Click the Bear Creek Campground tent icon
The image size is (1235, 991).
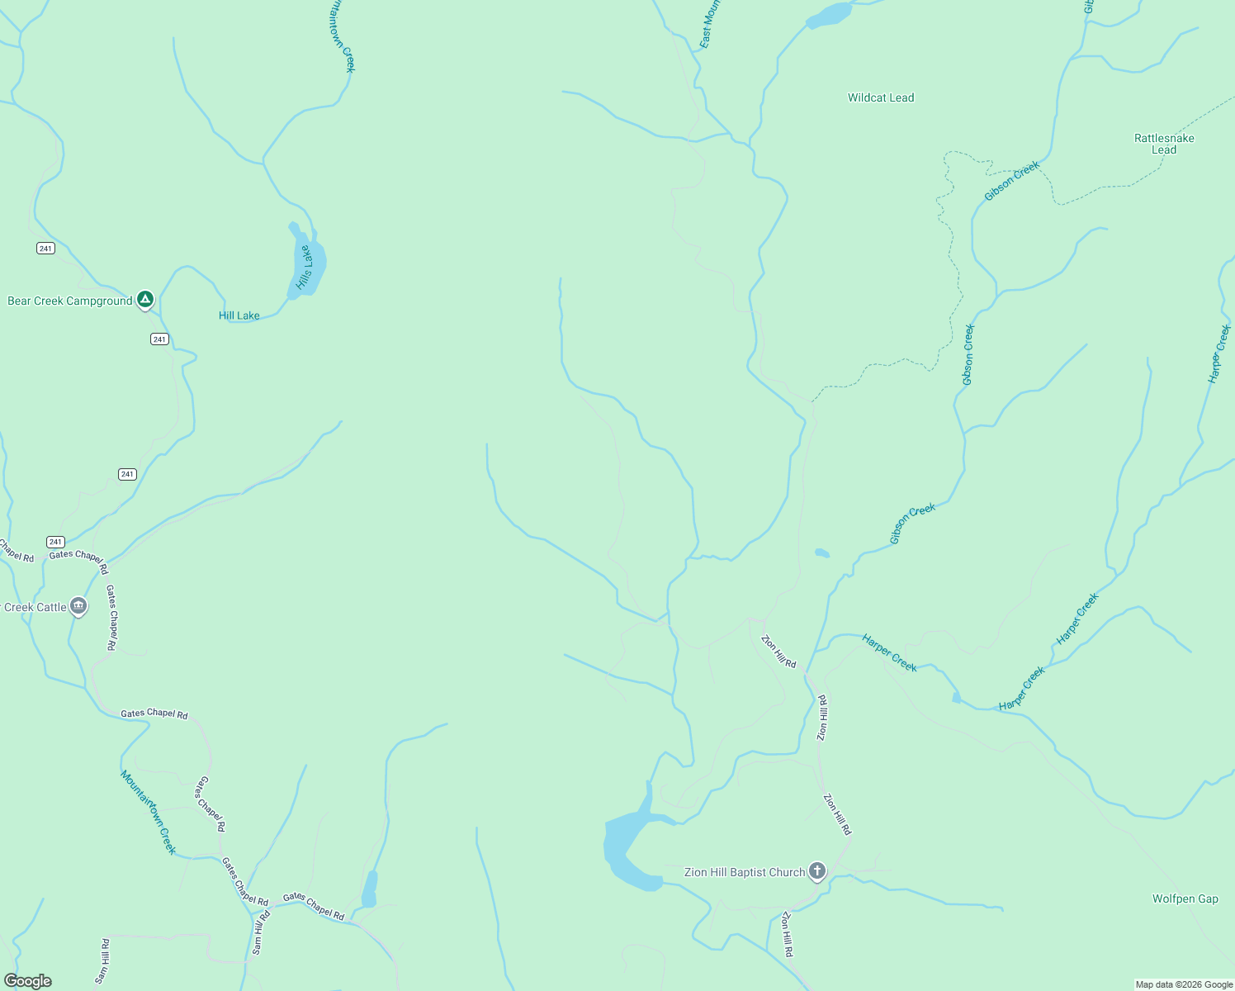145,299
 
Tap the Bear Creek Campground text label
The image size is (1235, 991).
70,301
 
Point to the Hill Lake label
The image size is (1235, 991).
239,315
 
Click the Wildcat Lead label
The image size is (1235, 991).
881,97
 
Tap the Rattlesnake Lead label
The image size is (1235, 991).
1164,144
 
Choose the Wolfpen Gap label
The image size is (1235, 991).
1185,899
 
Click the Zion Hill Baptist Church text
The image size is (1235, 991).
745,873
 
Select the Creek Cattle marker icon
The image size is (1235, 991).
78,606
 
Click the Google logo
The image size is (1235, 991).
28,981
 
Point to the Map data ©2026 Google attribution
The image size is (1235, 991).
1184,984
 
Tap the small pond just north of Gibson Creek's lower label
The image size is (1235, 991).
822,553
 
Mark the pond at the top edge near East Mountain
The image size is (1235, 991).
829,15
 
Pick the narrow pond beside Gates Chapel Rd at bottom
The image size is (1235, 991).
370,889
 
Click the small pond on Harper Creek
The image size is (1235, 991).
957,699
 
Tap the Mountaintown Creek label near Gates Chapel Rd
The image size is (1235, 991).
149,812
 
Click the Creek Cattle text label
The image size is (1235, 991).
35,608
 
